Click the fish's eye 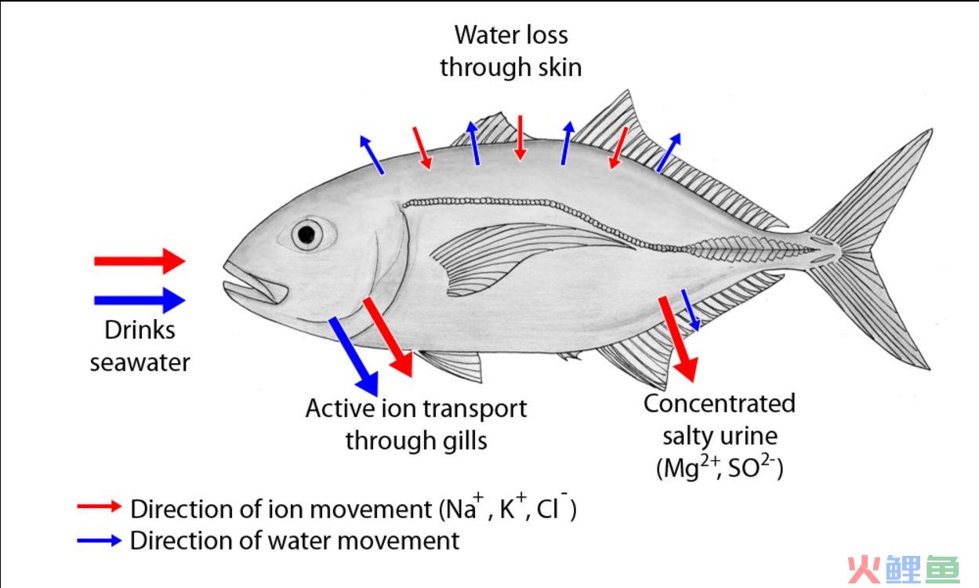click(307, 234)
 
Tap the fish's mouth click(255, 284)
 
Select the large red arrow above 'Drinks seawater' click(140, 261)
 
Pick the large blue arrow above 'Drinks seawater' click(140, 300)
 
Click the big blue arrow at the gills click(354, 356)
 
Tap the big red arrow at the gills click(388, 336)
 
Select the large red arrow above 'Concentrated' click(678, 339)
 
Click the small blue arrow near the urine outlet click(691, 310)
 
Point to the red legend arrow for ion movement click(100, 506)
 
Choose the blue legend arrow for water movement click(100, 541)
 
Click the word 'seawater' click(140, 363)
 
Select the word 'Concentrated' click(720, 404)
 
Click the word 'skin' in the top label click(560, 67)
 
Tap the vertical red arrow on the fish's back click(520, 138)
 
